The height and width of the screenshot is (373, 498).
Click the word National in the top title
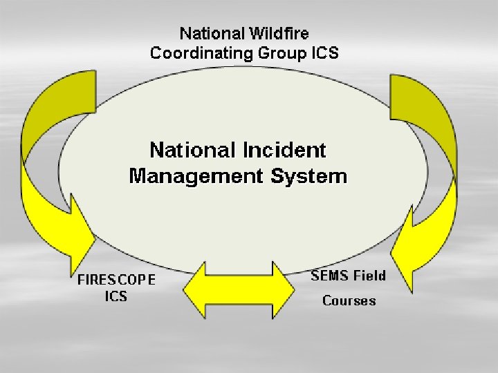206,33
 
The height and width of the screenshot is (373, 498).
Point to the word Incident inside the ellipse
284,150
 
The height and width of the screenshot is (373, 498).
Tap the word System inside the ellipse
308,176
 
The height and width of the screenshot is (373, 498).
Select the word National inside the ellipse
191,150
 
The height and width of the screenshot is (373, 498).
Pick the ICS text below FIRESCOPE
116,297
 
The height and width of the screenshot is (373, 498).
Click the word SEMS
330,276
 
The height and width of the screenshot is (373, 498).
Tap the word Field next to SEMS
369,276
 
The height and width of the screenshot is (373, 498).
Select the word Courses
349,301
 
